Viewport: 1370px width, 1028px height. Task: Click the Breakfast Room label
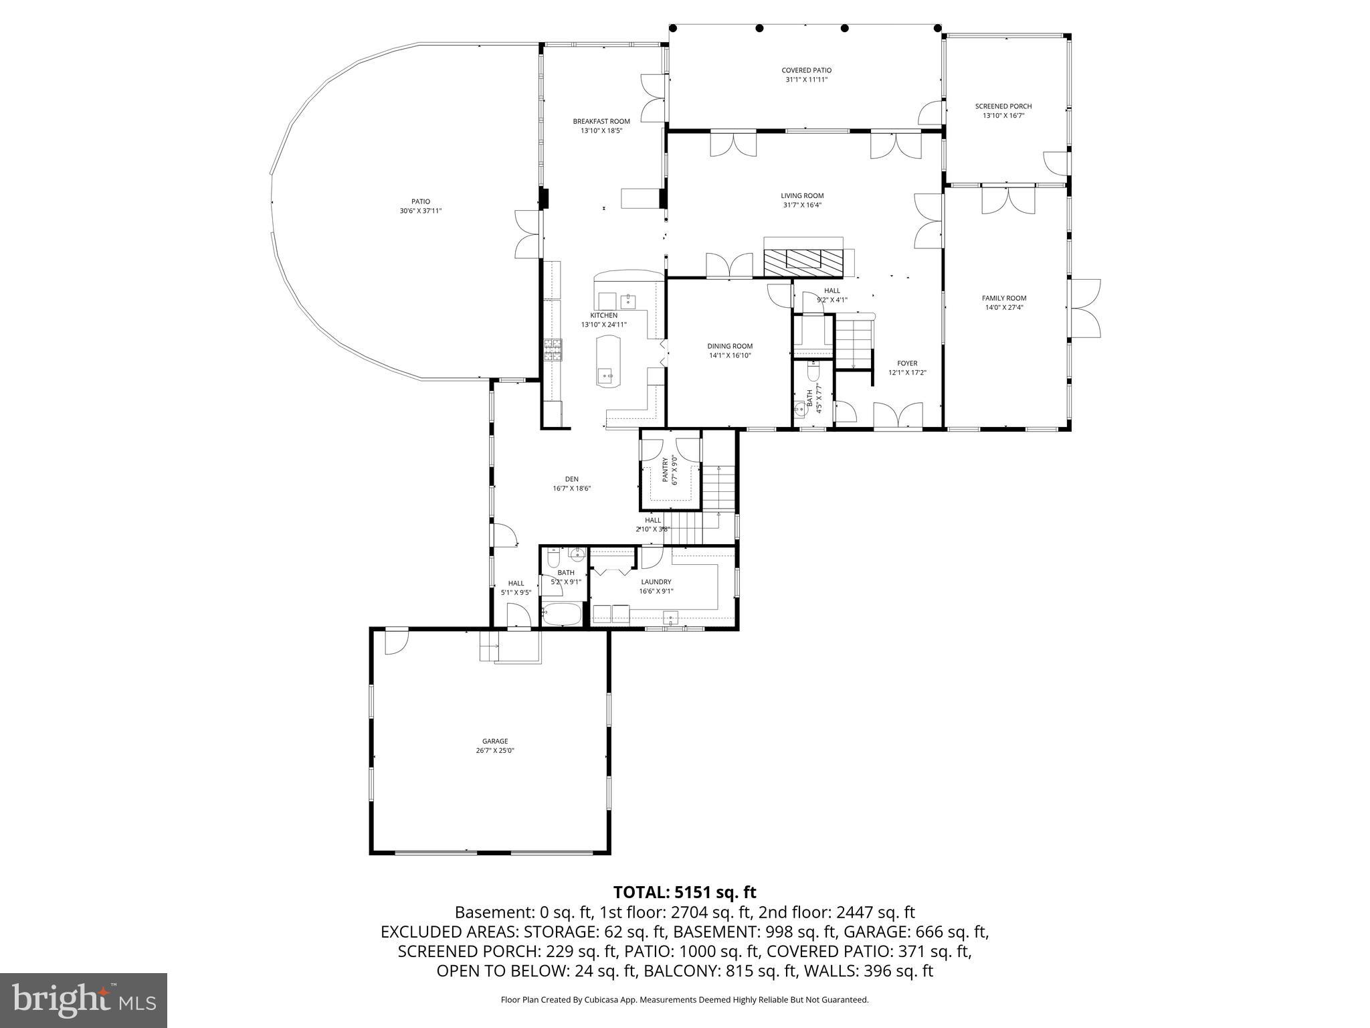point(601,121)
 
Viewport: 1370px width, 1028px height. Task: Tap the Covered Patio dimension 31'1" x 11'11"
point(806,80)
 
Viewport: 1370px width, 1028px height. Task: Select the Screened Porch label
point(1003,106)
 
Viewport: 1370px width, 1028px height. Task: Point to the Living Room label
point(802,195)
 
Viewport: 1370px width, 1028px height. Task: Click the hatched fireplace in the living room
point(803,262)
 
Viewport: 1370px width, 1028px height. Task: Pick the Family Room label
point(1003,298)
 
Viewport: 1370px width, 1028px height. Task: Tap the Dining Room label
point(730,346)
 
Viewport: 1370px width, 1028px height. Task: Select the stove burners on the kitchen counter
point(553,349)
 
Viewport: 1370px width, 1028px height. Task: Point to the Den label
point(571,479)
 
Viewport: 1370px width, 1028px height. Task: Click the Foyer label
point(907,363)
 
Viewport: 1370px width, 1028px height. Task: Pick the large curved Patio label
point(420,201)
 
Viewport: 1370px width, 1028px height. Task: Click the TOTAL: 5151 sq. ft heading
point(684,892)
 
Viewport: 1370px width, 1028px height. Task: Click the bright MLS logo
point(84,1001)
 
